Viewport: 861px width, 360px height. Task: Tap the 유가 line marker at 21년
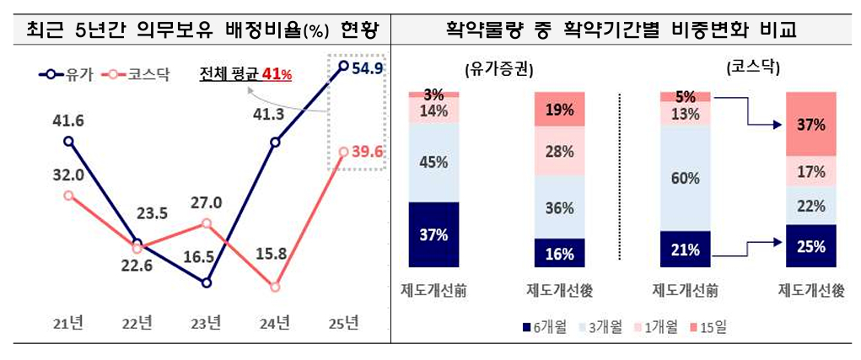click(68, 142)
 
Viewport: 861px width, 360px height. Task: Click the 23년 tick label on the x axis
click(207, 323)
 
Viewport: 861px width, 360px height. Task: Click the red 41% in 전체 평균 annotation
click(277, 75)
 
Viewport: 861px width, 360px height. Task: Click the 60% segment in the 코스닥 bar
click(686, 178)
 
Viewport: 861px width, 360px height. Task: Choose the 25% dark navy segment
click(810, 246)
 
